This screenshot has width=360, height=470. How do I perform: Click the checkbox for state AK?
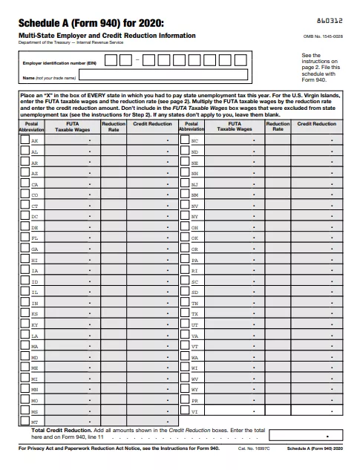pos(24,140)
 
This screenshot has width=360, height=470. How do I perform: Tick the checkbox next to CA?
pos(24,183)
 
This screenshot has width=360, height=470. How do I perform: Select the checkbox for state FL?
pos(24,238)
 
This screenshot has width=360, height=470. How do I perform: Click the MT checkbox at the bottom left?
pos(24,421)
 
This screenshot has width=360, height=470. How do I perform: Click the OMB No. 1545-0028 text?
pos(323,36)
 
